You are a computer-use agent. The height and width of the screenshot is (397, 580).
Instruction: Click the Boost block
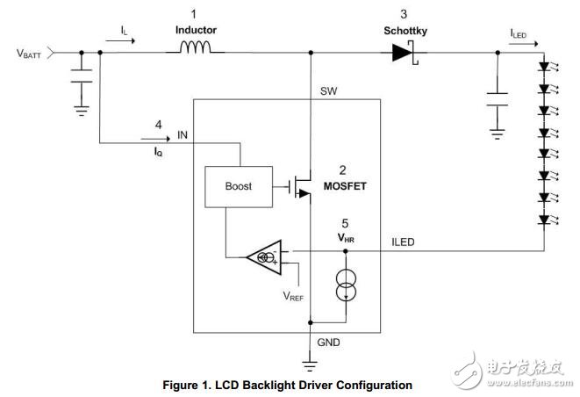coord(238,186)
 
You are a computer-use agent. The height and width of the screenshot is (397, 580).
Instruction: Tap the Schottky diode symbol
coord(403,52)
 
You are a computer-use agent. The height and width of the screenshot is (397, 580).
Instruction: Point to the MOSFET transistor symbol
coord(300,186)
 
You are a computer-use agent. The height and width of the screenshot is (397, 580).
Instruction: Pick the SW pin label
coord(328,90)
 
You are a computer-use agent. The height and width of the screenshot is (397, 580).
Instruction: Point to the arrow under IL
coord(129,41)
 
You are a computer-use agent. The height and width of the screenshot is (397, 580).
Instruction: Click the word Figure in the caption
coord(181,385)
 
